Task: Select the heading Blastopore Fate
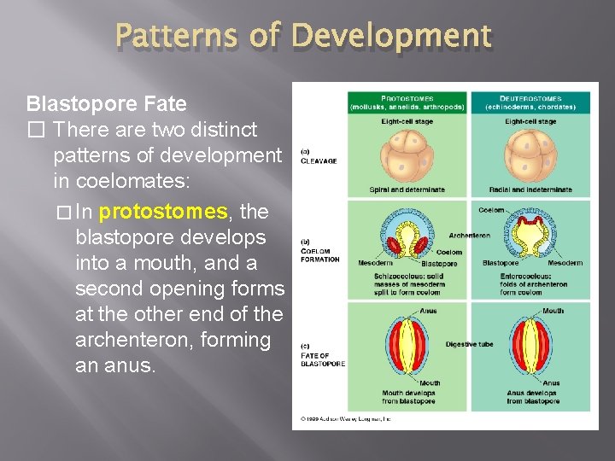(106, 104)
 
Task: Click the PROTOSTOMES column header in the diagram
(407, 102)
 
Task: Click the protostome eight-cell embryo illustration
(407, 156)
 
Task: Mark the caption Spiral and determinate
(407, 190)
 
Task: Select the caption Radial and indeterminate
(530, 190)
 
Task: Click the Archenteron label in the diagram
(469, 235)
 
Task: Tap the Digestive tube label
(469, 344)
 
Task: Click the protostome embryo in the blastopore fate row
(407, 345)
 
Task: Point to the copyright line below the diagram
(346, 419)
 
